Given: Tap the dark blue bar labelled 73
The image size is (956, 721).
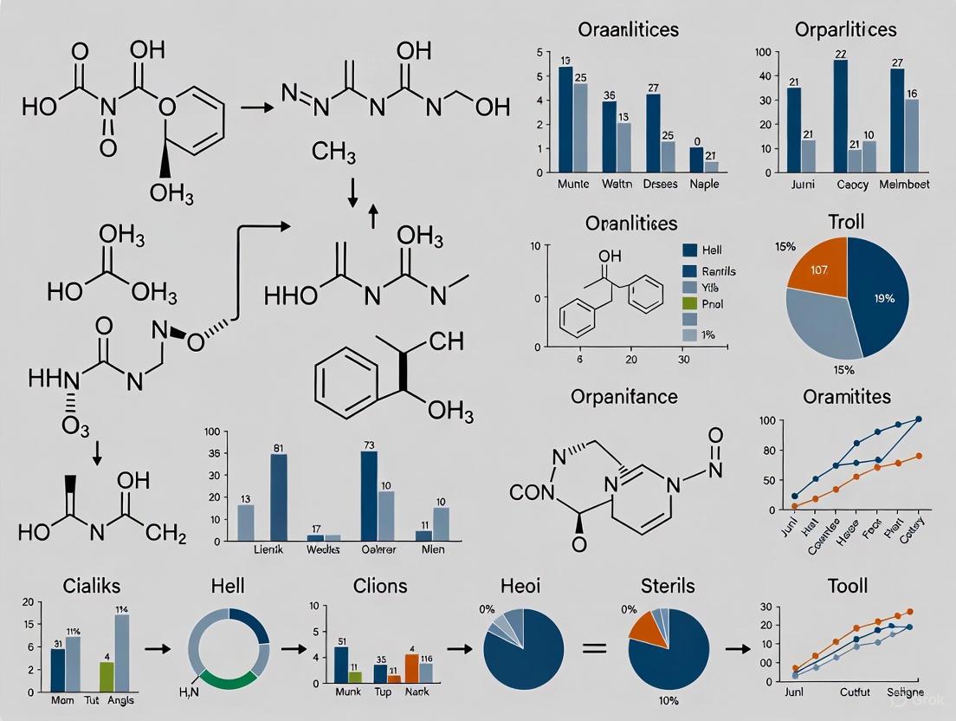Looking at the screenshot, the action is pyautogui.click(x=369, y=495).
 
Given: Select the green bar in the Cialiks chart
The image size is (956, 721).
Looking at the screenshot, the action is pyautogui.click(x=107, y=674).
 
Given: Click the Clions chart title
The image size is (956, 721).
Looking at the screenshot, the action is pyautogui.click(x=380, y=586).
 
